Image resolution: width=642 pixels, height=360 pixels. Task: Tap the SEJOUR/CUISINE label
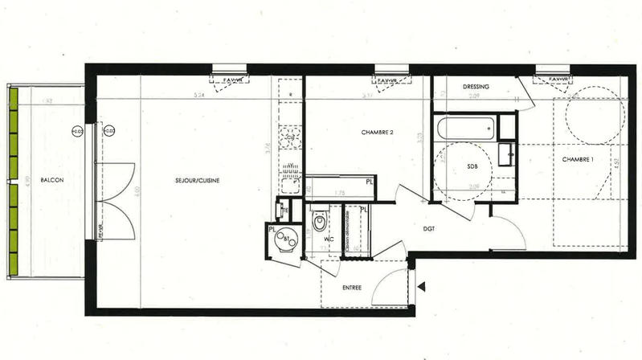198,180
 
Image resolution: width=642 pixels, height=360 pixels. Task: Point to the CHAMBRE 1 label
577,158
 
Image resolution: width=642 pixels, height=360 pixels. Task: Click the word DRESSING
476,86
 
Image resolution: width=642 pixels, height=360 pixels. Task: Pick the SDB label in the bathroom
472,167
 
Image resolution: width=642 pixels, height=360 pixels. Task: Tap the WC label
329,239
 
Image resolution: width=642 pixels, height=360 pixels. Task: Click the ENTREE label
352,288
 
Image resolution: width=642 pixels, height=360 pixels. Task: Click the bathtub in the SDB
465,127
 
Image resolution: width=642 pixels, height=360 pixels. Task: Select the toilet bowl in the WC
319,219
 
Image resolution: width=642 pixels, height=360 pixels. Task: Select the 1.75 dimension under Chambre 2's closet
339,194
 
